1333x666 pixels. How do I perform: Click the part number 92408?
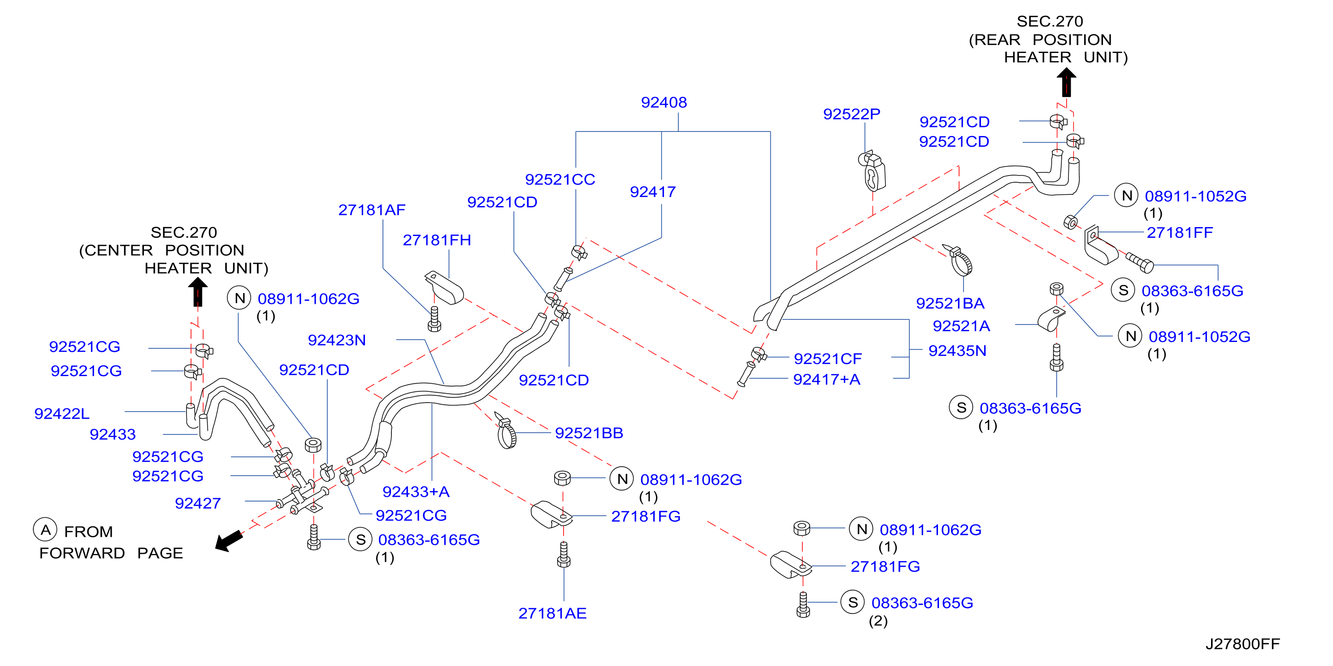point(664,102)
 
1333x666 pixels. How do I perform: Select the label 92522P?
point(852,114)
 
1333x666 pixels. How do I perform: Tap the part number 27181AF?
point(372,210)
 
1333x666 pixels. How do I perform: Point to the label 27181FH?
point(437,240)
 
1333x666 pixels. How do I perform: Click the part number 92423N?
point(337,340)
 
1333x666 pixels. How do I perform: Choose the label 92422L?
point(61,414)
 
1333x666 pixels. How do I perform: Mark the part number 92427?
point(198,504)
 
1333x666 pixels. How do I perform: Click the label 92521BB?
point(589,433)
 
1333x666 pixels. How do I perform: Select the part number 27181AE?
point(553,613)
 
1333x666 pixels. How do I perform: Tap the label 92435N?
point(957,351)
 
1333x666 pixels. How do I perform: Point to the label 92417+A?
point(827,380)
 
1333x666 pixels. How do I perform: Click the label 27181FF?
point(1180,232)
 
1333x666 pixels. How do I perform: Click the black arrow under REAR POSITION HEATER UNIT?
point(1066,83)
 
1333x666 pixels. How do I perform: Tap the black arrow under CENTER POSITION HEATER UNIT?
point(198,293)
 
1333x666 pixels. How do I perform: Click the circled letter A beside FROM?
point(45,529)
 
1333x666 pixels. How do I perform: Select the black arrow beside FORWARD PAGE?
point(229,541)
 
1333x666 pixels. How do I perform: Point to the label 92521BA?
point(950,303)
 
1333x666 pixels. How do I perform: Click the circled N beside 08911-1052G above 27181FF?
point(1126,196)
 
